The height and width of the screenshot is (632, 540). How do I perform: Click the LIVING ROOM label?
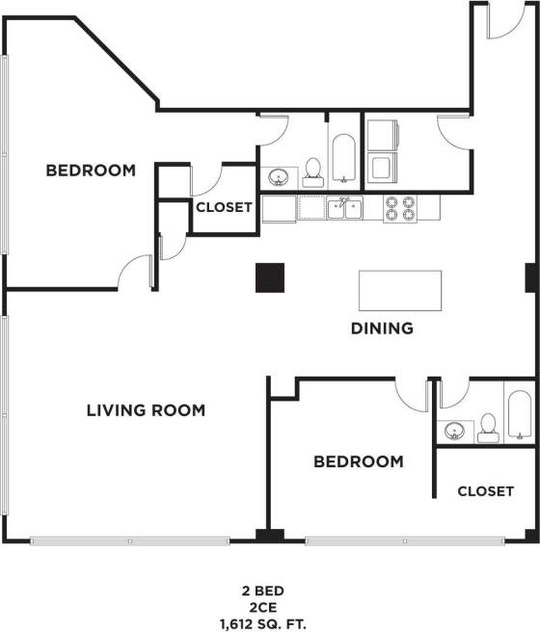pos(146,410)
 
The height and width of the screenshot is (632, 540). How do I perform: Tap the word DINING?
pos(382,328)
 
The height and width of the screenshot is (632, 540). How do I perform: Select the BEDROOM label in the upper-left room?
pos(91,171)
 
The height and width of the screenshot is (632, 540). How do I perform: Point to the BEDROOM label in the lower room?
pos(358,461)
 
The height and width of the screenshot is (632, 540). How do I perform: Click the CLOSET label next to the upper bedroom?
pos(224,207)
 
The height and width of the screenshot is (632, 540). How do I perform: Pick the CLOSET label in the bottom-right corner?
pos(485,490)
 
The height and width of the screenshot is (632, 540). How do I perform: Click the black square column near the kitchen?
pos(270,277)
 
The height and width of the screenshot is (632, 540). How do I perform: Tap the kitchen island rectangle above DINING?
pos(400,289)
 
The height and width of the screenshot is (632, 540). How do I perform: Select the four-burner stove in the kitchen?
pos(399,208)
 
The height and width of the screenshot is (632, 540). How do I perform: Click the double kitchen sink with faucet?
pos(342,207)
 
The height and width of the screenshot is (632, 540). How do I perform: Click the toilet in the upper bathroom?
pos(312,171)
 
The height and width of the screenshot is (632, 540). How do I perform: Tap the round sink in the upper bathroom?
pos(279,177)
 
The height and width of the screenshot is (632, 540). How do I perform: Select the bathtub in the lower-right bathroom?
pos(518,416)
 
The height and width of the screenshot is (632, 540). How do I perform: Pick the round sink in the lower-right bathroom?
pos(453,430)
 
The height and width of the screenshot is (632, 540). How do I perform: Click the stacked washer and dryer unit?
pos(383,149)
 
